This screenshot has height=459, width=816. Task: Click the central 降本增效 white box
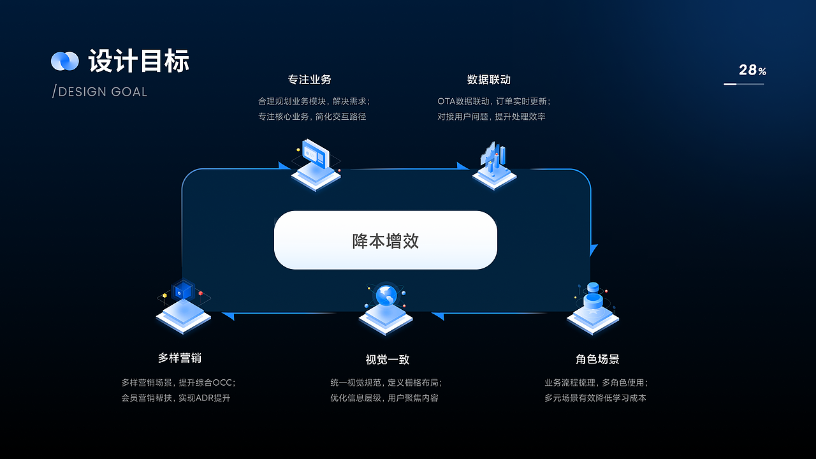(385, 240)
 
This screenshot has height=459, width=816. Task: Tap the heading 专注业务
(309, 80)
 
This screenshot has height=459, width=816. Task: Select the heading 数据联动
(488, 80)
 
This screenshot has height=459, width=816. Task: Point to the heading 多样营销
(180, 358)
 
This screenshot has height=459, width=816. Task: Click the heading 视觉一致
(387, 360)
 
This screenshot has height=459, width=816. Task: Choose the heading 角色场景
(597, 360)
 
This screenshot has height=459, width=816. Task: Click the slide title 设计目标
(138, 61)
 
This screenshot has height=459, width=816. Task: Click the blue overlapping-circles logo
(64, 61)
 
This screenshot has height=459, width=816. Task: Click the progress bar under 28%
(743, 84)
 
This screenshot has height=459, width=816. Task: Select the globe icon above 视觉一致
(386, 296)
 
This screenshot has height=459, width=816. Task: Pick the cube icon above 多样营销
(183, 291)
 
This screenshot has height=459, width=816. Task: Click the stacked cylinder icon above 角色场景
(594, 295)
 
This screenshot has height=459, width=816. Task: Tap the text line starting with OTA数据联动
(493, 101)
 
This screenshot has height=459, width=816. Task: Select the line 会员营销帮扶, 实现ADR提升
(176, 398)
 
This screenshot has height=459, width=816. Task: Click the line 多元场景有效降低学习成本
(595, 398)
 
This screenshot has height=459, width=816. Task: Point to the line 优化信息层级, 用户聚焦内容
(384, 398)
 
